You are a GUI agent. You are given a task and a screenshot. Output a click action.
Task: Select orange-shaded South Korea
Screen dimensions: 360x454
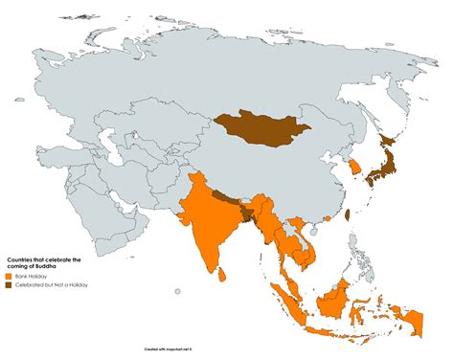point(354,167)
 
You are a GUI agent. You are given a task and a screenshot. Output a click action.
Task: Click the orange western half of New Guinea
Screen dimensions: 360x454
point(413,316)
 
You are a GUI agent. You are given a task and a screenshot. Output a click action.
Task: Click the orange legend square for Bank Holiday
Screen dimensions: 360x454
point(10,275)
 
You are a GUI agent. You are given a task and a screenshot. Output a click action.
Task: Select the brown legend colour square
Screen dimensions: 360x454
point(10,284)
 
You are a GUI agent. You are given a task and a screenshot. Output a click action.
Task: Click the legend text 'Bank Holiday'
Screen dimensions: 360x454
point(30,275)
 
